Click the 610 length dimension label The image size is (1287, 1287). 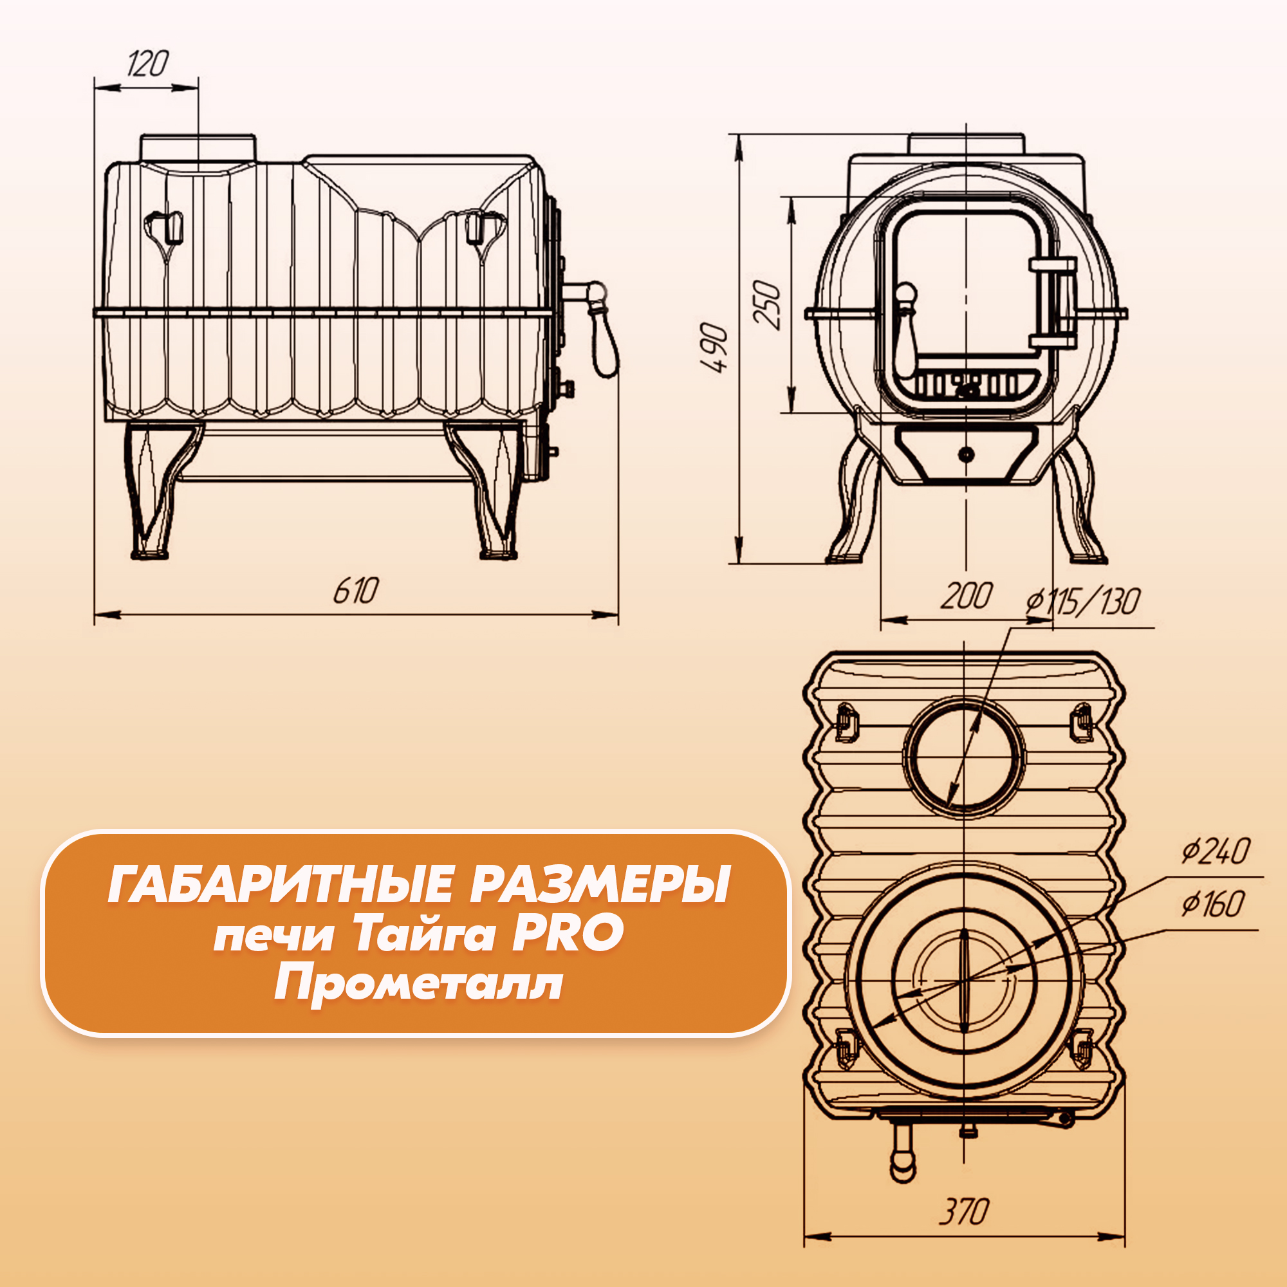point(356,590)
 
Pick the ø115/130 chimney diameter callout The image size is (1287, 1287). point(1082,602)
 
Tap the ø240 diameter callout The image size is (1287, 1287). point(1216,851)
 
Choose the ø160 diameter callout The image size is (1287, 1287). point(1212,904)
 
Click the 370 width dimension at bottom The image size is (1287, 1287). point(964,1212)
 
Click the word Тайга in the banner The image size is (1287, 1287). point(423,934)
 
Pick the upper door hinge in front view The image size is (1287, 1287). point(1053,264)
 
